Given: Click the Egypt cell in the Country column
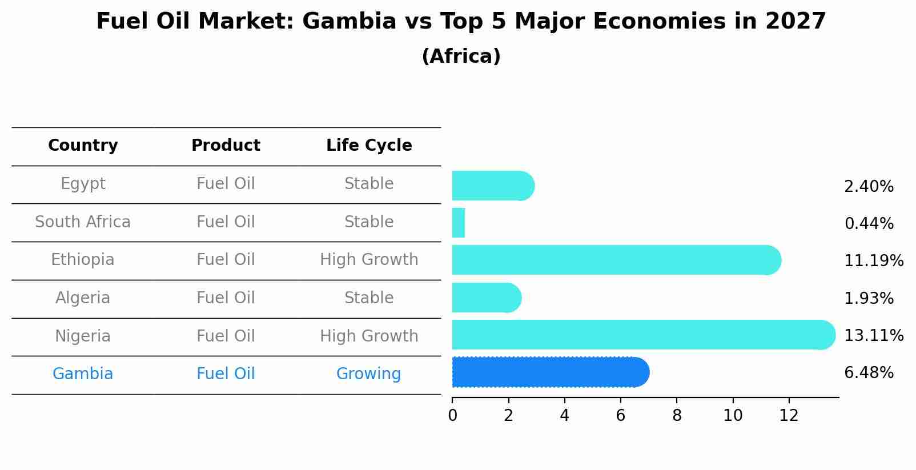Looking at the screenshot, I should pos(83,184).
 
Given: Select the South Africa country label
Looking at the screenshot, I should pos(83,222).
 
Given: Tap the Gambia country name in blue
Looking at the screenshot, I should pos(83,374).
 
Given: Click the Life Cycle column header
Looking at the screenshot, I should pos(369,146).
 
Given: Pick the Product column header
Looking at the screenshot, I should pos(226,146).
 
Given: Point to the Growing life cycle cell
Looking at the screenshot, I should pos(368,374).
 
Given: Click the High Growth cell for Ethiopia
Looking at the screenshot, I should pos(369,260).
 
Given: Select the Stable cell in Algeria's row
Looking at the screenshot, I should pos(369,298).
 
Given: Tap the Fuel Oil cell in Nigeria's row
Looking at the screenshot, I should pos(226,336).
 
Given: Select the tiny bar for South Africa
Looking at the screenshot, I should pos(459,223).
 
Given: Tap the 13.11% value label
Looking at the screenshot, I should pos(873,336).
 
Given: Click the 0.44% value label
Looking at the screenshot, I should pos(869,224).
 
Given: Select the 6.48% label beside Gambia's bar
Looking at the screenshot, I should pos(869,373).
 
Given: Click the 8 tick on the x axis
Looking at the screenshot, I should pos(677,416).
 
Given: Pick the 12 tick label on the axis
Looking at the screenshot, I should pos(789,416).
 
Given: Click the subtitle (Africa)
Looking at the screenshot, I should pos(461,57).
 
